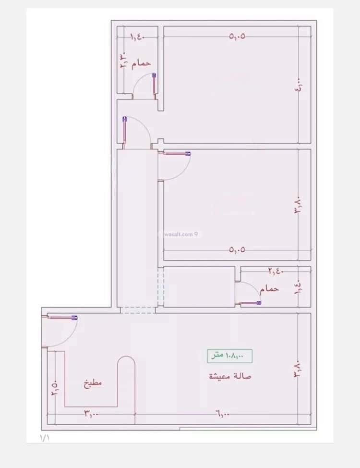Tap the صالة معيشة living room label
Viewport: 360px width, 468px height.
click(x=230, y=376)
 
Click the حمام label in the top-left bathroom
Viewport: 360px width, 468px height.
click(x=141, y=63)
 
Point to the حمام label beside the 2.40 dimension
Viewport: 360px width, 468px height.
click(x=269, y=289)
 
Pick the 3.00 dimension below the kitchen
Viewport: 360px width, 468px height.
click(x=91, y=414)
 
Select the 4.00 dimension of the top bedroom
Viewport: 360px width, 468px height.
click(x=299, y=88)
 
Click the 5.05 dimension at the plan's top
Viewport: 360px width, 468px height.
click(x=237, y=37)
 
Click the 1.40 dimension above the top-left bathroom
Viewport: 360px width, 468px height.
click(x=136, y=37)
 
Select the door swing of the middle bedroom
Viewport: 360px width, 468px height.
click(x=176, y=165)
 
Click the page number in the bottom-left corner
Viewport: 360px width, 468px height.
click(x=44, y=437)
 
